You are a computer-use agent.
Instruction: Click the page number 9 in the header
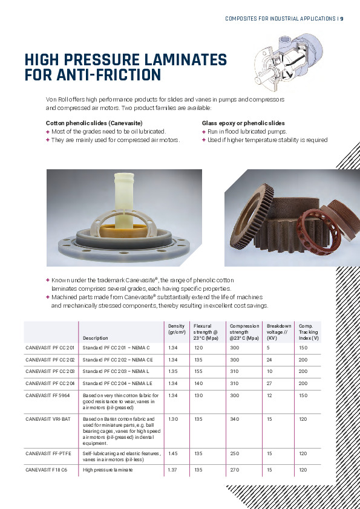click(341, 19)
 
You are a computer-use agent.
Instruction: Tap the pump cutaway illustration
click(287, 62)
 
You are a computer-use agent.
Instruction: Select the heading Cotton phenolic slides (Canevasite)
click(94, 123)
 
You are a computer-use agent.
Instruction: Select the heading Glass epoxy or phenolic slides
click(243, 123)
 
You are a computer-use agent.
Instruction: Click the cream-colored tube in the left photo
click(124, 199)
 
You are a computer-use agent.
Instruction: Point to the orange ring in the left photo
click(123, 231)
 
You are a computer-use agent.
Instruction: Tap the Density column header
click(177, 329)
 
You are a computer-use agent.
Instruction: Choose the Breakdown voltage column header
click(279, 332)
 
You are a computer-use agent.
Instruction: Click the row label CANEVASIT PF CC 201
click(50, 348)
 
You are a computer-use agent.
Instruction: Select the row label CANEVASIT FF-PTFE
click(48, 453)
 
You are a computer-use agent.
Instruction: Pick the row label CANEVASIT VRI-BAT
click(48, 419)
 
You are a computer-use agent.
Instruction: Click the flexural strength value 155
click(198, 371)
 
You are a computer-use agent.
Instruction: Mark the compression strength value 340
click(235, 419)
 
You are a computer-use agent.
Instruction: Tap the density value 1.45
click(173, 453)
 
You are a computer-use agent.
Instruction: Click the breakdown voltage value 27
click(269, 383)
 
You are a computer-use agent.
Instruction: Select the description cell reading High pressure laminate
click(108, 470)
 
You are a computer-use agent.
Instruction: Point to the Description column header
click(95, 338)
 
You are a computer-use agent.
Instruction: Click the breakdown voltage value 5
click(269, 348)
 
